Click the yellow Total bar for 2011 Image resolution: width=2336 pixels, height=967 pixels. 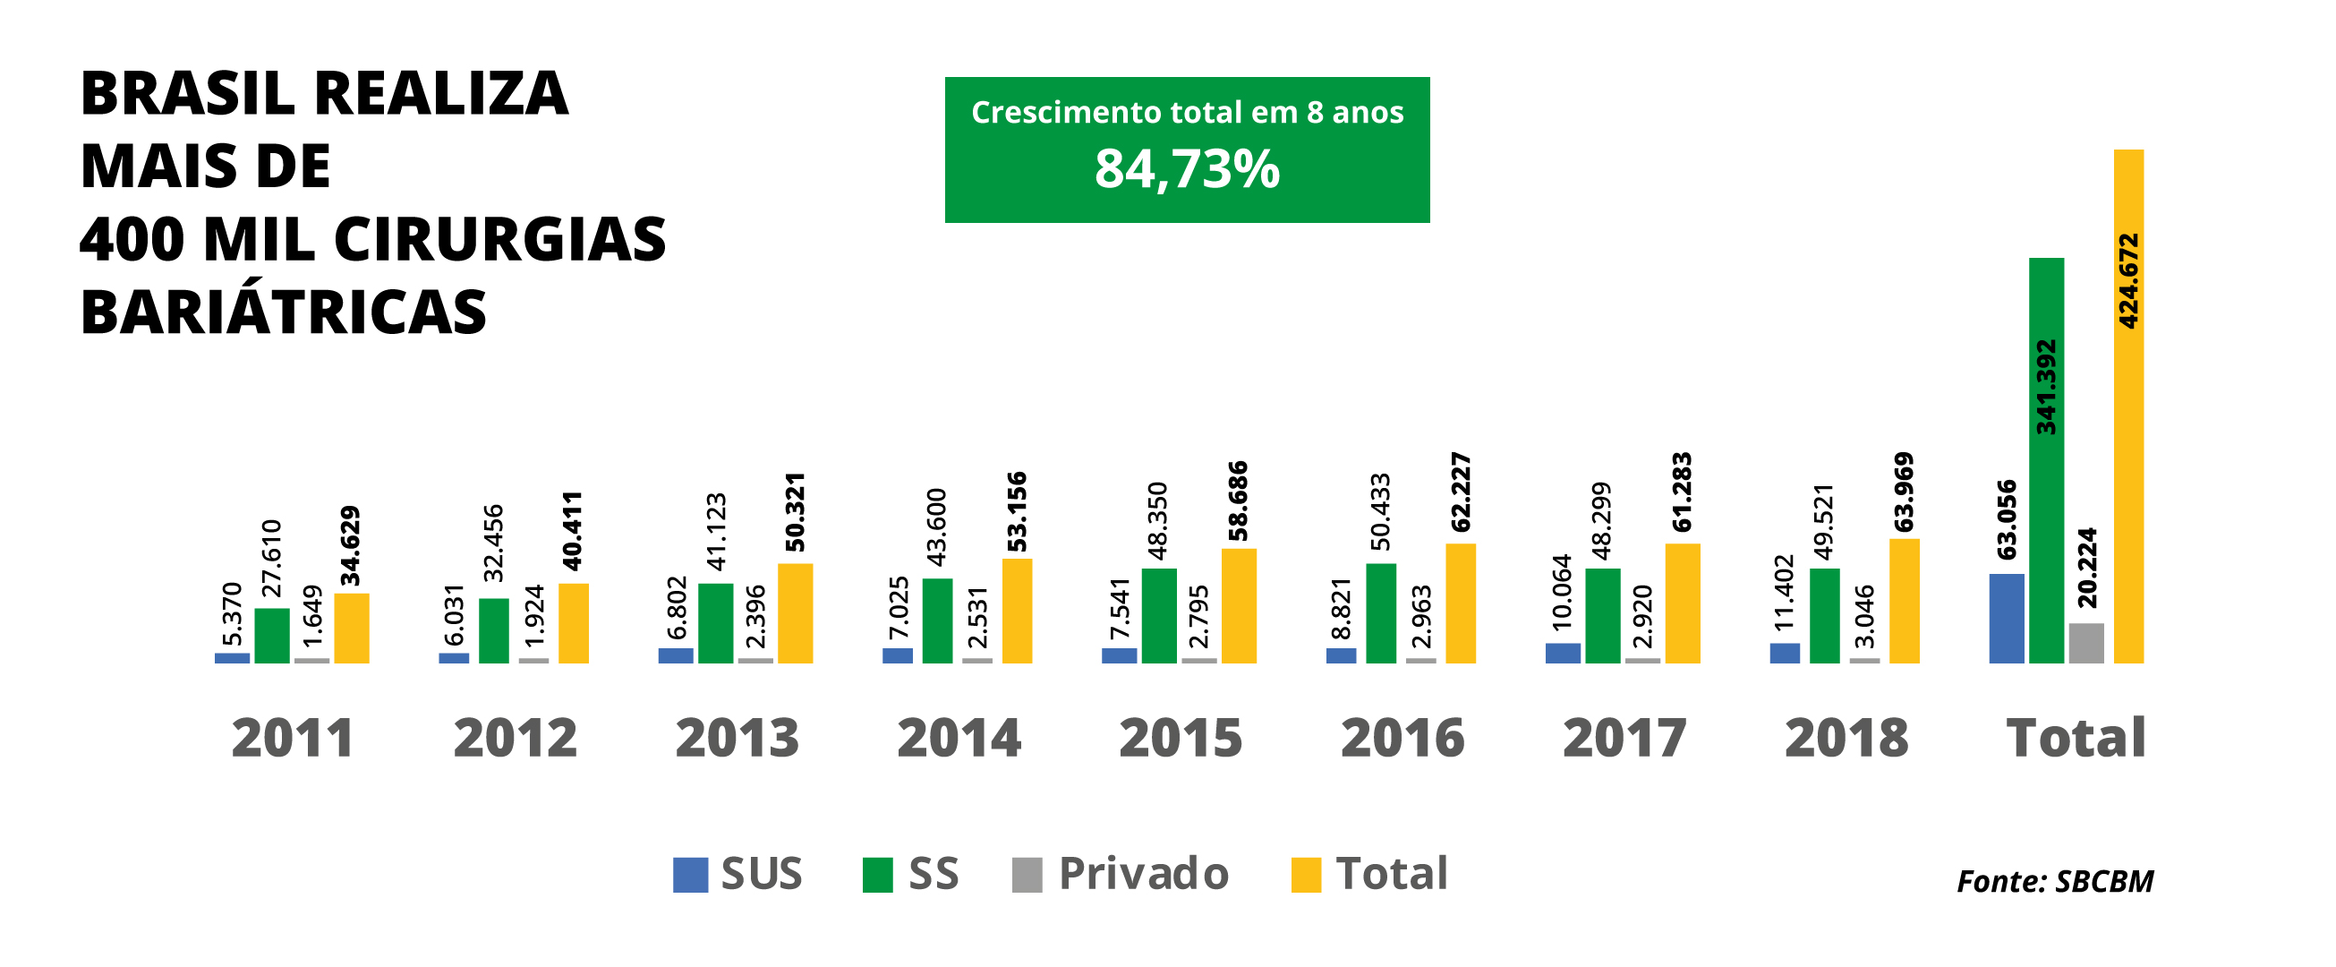[351, 628]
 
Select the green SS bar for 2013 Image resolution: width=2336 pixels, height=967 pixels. [715, 623]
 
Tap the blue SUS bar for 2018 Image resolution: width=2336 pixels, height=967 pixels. [1785, 653]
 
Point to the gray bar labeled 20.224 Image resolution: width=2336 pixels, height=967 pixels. [2085, 643]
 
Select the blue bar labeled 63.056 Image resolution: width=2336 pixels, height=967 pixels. [2006, 619]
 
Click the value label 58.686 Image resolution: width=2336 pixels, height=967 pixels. [1238, 501]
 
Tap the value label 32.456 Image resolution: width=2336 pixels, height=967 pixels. [493, 543]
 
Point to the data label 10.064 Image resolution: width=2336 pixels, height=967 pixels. [1562, 592]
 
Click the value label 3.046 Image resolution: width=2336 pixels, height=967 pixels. [1864, 617]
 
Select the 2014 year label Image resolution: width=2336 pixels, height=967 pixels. [959, 739]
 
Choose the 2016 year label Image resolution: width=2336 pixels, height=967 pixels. [1402, 739]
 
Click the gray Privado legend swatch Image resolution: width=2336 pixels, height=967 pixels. [1027, 876]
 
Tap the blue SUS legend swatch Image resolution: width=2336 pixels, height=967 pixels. [690, 876]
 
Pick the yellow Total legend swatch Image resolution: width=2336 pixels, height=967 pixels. [1306, 876]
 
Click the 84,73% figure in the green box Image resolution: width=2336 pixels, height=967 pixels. [1186, 169]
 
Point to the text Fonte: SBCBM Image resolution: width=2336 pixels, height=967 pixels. [2054, 882]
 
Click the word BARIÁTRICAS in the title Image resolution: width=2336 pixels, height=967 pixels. [284, 312]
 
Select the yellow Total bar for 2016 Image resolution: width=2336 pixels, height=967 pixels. [1460, 603]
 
